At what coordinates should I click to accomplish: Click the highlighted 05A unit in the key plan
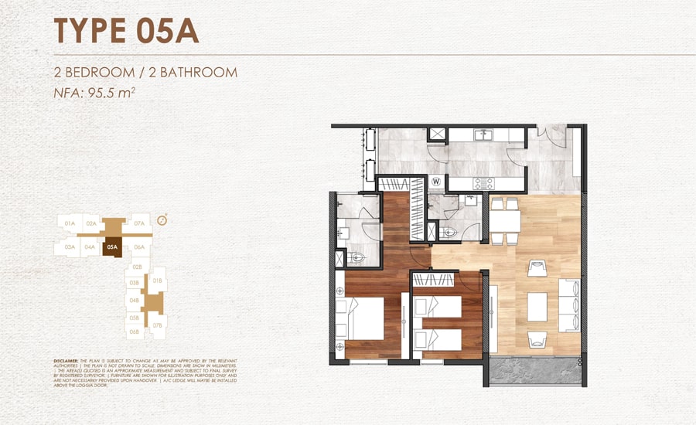pyautogui.click(x=112, y=248)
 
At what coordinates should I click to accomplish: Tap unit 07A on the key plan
pyautogui.click(x=140, y=223)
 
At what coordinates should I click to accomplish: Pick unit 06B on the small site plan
pyautogui.click(x=134, y=331)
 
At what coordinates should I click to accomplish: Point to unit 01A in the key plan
pyautogui.click(x=70, y=223)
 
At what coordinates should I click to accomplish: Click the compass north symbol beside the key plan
pyautogui.click(x=162, y=220)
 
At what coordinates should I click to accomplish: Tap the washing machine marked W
pyautogui.click(x=436, y=182)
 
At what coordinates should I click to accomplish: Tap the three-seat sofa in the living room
pyautogui.click(x=571, y=304)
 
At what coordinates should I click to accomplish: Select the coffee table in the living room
pyautogui.click(x=537, y=304)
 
